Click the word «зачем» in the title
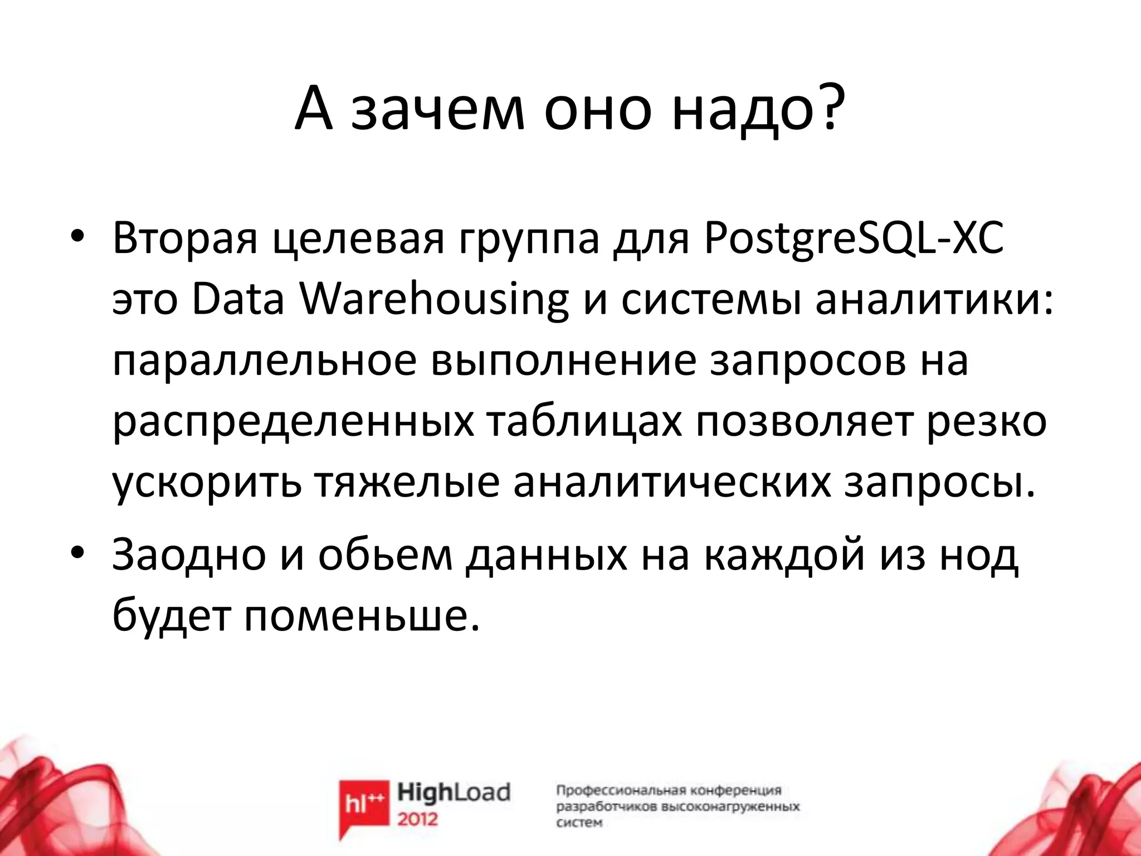click(438, 110)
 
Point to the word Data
click(237, 301)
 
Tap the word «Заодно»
click(189, 556)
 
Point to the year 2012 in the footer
click(418, 819)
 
